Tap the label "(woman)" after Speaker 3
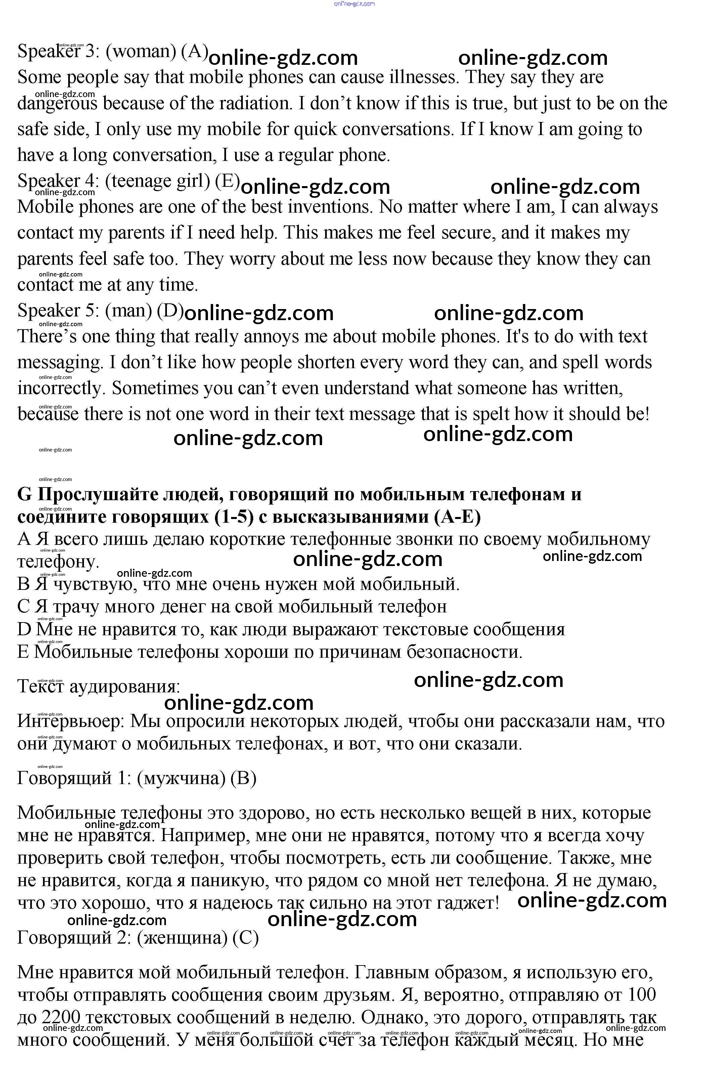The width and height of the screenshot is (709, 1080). (x=141, y=52)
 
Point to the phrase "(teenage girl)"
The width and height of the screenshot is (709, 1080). (x=158, y=181)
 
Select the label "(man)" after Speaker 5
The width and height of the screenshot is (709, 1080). (x=128, y=311)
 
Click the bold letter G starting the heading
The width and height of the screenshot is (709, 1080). (x=25, y=494)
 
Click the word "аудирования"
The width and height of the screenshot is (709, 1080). (x=125, y=687)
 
